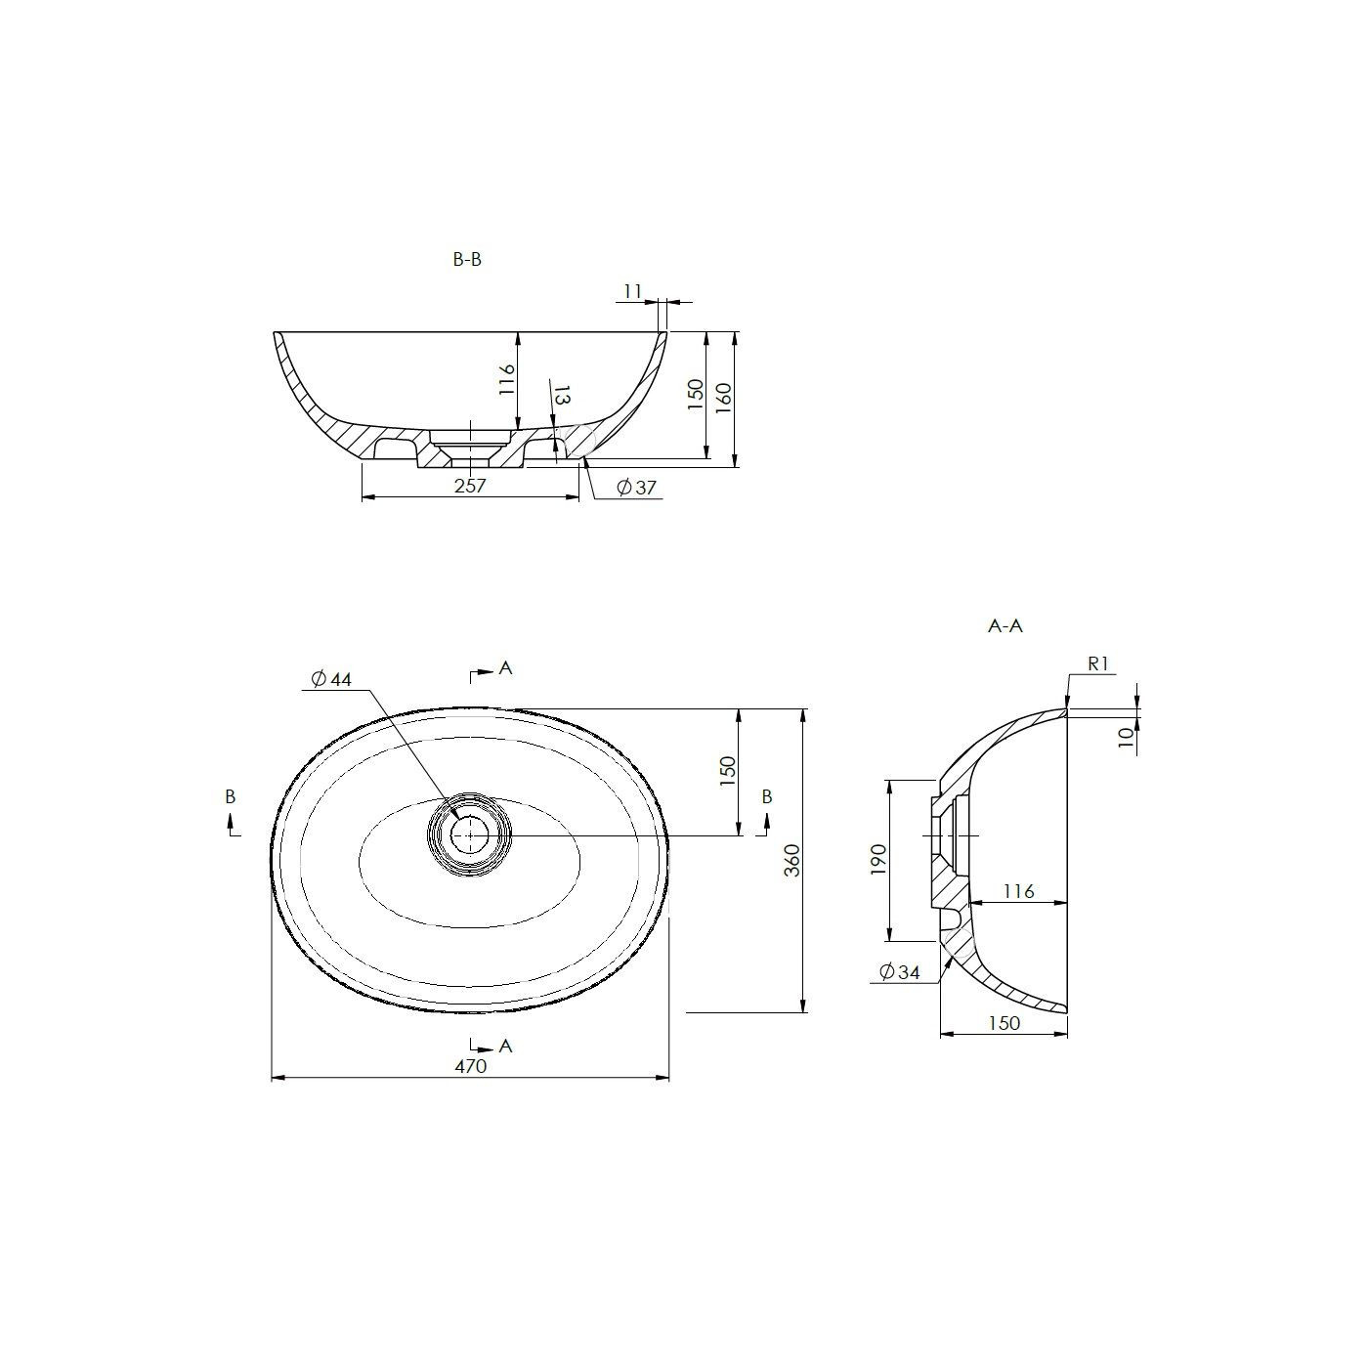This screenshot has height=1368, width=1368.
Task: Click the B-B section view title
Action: coord(467,260)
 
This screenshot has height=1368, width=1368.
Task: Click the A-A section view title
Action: coord(1005,626)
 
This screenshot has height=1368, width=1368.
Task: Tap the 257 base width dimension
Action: coord(470,486)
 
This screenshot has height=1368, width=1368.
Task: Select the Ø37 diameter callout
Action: coord(637,488)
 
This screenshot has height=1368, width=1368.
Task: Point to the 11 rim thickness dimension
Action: coord(632,292)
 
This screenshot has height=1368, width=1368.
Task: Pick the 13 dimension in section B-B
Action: coord(561,396)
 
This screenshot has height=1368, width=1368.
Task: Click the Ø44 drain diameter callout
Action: coord(331,679)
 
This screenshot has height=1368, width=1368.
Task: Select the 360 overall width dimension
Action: coord(792,861)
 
